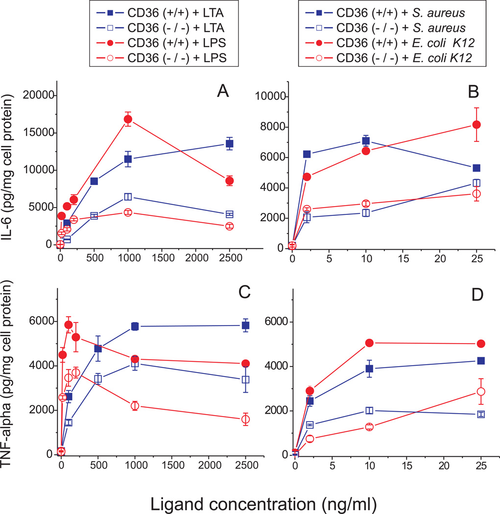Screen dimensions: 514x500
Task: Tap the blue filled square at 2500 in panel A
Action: (229, 143)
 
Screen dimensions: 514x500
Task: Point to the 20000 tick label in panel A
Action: (37, 95)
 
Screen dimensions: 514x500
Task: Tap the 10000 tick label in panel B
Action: (268, 96)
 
